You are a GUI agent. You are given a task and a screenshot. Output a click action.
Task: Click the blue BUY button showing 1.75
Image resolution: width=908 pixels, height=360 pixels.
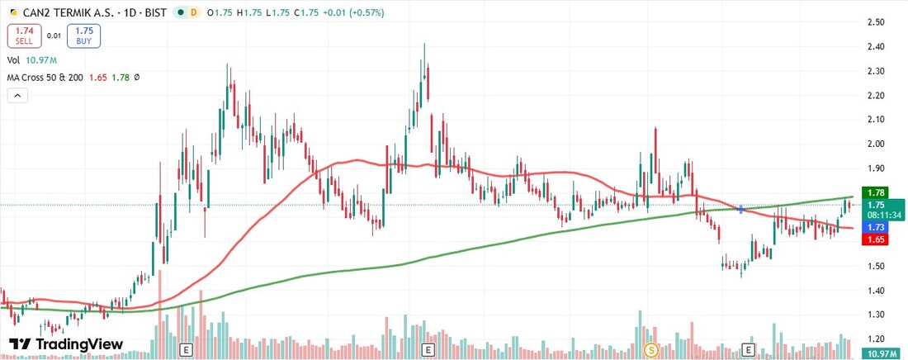(83, 36)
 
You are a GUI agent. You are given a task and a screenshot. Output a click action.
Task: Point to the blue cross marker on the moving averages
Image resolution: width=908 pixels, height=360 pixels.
(740, 210)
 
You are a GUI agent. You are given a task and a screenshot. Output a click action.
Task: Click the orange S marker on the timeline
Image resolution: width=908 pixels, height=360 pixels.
(650, 349)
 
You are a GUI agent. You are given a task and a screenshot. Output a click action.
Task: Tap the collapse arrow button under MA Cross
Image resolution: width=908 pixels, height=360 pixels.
(17, 96)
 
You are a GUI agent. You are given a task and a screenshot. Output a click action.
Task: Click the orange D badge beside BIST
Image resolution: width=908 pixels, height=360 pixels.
(193, 13)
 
